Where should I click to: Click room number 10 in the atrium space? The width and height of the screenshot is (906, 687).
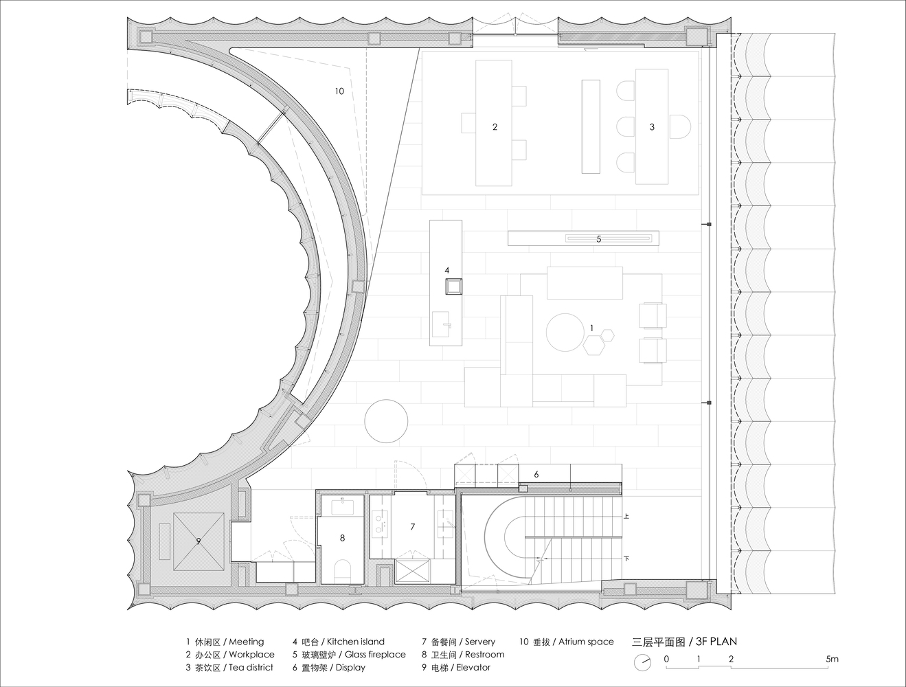[339, 91]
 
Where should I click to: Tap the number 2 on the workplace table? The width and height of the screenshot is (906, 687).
[495, 126]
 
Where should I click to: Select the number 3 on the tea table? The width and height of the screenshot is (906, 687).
[652, 126]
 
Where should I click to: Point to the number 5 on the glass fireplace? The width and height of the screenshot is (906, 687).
[599, 238]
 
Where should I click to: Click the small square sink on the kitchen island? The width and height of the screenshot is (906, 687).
[453, 286]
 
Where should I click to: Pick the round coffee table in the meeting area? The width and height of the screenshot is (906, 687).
[565, 333]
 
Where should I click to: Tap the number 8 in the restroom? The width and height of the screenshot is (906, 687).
[342, 538]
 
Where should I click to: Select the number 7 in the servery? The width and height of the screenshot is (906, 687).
[412, 526]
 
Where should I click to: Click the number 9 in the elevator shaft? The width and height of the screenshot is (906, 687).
[199, 541]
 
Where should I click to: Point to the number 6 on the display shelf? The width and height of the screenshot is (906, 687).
[536, 475]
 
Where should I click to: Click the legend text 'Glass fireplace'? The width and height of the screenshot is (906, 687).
[375, 655]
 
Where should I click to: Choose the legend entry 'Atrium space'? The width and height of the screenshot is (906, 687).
[586, 642]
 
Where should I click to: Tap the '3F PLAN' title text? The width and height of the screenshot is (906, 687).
[716, 642]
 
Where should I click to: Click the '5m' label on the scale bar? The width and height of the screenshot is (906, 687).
[832, 659]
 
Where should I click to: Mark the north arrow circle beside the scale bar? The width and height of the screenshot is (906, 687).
[642, 663]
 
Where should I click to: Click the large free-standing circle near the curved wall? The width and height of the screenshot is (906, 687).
[386, 421]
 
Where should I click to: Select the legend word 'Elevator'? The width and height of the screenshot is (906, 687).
[473, 667]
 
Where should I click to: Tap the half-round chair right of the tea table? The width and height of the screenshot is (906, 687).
[680, 126]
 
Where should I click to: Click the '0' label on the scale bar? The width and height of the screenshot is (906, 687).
[666, 659]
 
